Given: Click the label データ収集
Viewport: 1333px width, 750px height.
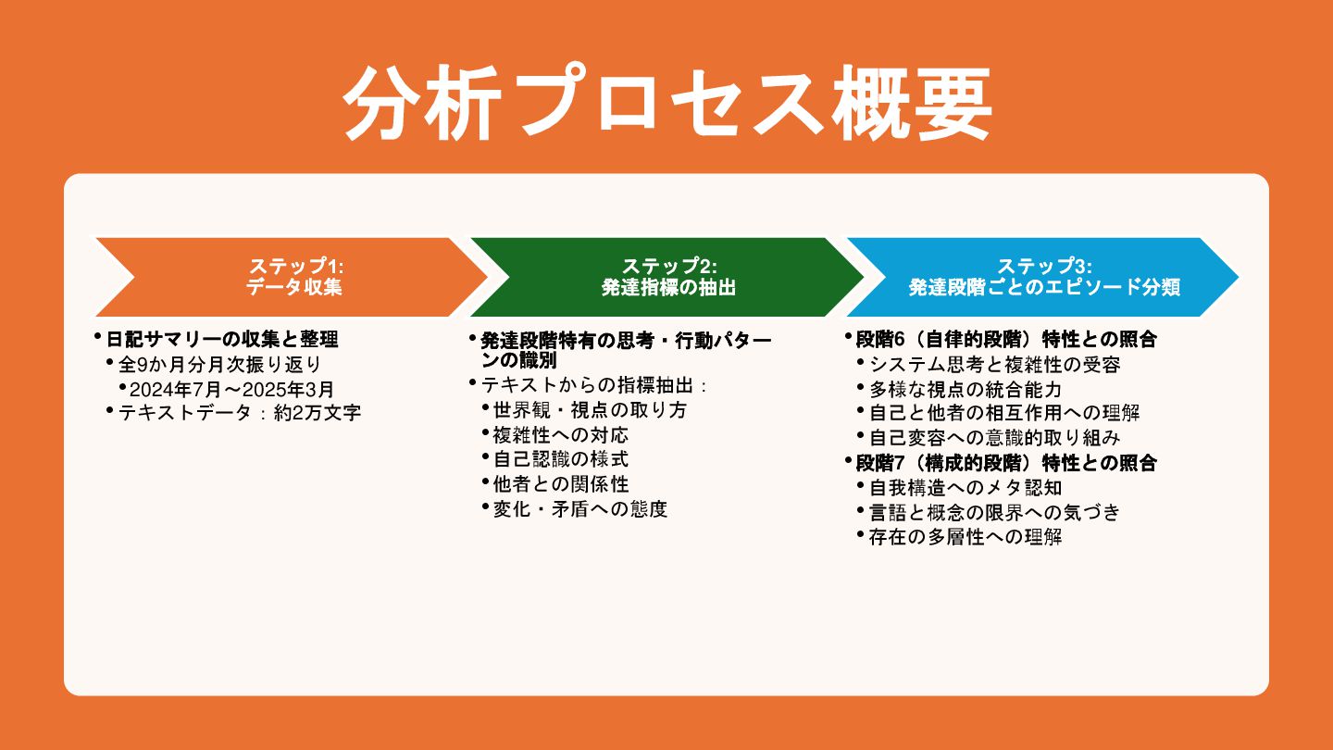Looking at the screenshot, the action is (294, 287).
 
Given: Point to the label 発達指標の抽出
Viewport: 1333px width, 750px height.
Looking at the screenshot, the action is (668, 287).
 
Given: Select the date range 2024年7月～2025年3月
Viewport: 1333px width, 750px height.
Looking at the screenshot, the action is (231, 389).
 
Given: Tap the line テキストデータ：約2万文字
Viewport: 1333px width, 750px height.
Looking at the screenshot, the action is (240, 413).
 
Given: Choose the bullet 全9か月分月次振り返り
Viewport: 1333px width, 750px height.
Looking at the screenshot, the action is (219, 364).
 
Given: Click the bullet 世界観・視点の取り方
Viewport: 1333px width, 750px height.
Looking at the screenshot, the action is (590, 409).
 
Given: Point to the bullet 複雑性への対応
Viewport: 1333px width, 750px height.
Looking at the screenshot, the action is (561, 434).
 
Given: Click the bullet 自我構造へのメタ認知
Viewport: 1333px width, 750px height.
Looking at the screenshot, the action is (965, 487).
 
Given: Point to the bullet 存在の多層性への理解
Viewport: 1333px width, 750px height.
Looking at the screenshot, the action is (965, 537).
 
